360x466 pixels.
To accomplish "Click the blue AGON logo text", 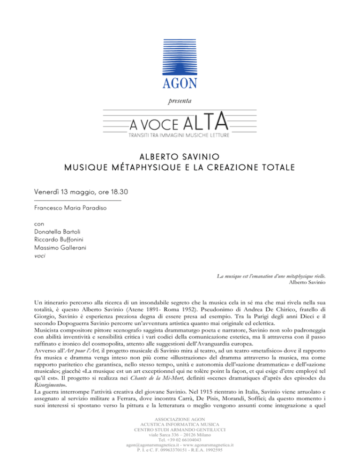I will coord(180,83).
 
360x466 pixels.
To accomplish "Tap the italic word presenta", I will coord(180,100).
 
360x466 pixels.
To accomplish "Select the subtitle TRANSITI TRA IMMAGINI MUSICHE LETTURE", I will coord(180,135).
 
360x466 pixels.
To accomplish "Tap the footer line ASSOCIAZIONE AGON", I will coord(180,420).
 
